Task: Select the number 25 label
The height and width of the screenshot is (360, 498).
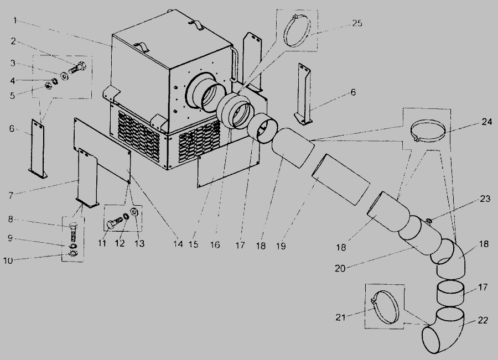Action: coord(357,23)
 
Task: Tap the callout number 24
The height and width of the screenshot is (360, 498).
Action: coord(486,122)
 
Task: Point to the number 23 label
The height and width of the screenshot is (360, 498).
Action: coord(485,199)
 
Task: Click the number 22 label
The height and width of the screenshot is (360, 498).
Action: coord(483,321)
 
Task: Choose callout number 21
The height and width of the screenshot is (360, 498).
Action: coord(340,317)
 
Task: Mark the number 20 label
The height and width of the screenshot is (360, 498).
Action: coord(340,268)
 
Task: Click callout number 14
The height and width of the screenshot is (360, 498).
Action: coord(178,244)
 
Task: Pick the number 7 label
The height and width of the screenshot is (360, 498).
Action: coord(11,196)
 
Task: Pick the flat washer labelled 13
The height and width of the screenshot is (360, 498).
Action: coord(134,211)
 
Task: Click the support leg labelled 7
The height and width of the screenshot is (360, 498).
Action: coord(87,178)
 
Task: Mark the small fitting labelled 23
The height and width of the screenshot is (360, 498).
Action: coord(428,220)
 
